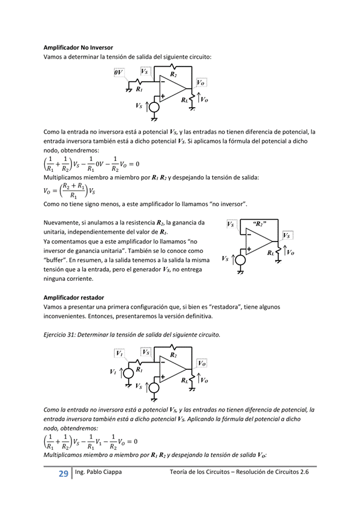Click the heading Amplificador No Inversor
click(x=78, y=47)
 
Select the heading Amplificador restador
click(x=74, y=298)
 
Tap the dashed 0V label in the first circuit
click(x=119, y=73)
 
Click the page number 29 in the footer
click(x=63, y=474)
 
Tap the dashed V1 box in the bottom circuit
click(x=120, y=353)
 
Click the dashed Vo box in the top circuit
click(x=201, y=82)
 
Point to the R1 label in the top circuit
click(x=139, y=89)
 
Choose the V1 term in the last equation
click(x=103, y=441)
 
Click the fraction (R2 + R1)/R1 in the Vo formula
click(x=73, y=191)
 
